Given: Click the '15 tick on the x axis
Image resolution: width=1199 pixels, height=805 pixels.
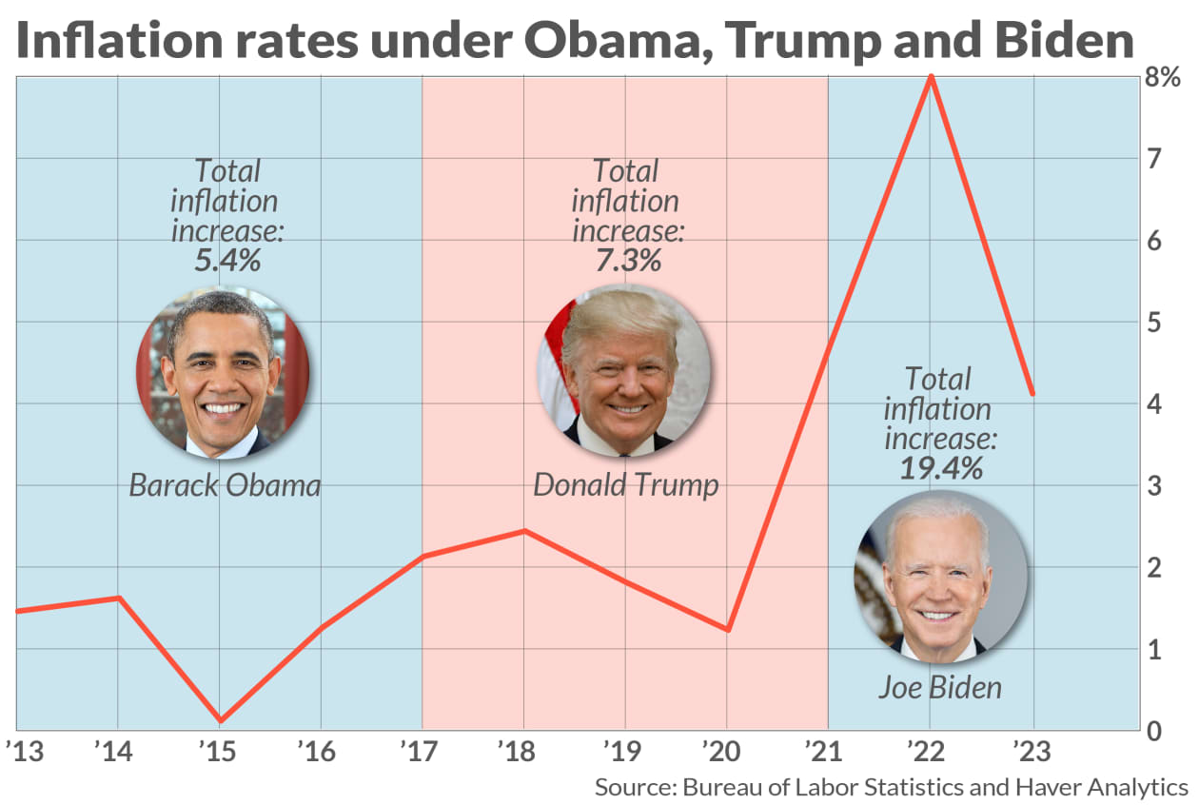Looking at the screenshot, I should [220, 751].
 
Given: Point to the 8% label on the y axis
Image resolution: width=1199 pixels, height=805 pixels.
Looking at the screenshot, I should [1162, 78].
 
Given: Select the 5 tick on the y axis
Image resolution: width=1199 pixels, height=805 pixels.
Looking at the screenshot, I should [1153, 323].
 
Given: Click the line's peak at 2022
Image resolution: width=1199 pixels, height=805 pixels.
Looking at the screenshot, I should [931, 76].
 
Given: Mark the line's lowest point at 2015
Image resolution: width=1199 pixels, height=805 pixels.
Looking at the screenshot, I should [220, 720].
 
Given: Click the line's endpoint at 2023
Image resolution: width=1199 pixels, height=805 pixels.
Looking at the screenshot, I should [1032, 393].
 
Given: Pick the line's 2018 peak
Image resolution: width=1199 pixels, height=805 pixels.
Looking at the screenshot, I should [524, 530].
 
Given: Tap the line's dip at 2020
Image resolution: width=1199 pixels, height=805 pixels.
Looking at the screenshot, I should [728, 630].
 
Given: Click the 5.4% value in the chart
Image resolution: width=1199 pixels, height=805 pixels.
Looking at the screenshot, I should [227, 260].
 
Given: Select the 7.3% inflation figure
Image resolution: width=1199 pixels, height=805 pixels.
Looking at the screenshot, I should [627, 260].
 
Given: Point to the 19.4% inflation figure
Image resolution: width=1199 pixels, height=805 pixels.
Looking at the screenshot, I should [940, 467].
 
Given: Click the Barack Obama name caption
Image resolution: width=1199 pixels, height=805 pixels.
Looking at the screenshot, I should [225, 485].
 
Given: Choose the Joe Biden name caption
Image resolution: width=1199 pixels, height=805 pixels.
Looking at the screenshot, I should [939, 686].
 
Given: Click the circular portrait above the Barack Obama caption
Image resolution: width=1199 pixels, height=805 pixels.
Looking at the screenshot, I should [223, 372].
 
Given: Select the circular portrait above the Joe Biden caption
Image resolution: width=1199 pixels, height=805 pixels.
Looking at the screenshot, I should [940, 577].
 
